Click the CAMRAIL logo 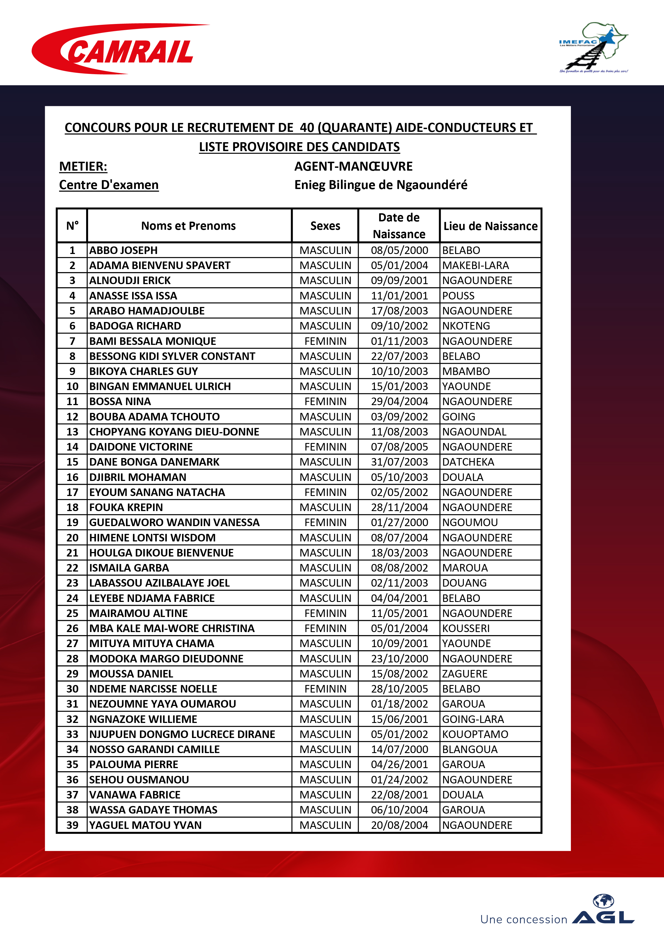pyautogui.click(x=121, y=49)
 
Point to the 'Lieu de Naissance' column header pyautogui.click(x=490, y=226)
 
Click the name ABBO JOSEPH pyautogui.click(x=123, y=250)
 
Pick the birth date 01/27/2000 pyautogui.click(x=399, y=522)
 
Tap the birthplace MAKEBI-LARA pyautogui.click(x=476, y=265)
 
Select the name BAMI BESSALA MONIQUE pyautogui.click(x=152, y=341)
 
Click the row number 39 pyautogui.click(x=72, y=825)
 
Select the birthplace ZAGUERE pyautogui.click(x=465, y=674)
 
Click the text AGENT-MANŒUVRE pyautogui.click(x=353, y=166)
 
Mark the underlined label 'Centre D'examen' pyautogui.click(x=109, y=185)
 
